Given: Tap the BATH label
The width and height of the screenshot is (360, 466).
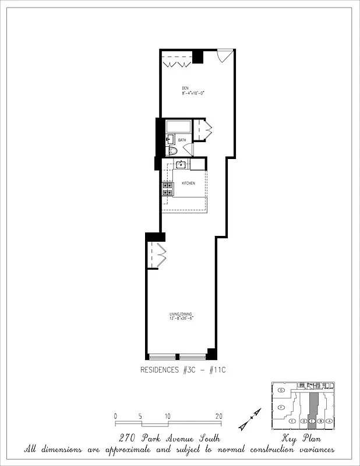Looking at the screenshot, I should [182, 140].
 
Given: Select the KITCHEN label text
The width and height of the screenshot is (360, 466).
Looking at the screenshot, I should [188, 183].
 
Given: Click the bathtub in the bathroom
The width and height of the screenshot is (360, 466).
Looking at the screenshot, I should [178, 126].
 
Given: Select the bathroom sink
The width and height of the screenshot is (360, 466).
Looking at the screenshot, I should [170, 139].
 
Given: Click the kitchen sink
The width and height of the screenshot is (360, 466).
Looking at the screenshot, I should [181, 164].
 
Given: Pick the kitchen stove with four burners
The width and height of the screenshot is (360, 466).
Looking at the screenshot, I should [168, 189].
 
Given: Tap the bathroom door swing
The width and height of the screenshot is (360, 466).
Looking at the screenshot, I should [188, 149].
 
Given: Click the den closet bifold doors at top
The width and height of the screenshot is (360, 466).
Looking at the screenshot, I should [177, 61].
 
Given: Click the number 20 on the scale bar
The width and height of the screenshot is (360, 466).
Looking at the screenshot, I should [218, 416].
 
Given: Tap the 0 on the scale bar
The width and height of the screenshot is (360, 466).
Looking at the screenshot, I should [116, 416].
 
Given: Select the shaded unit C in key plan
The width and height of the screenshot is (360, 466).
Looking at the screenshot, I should [312, 407].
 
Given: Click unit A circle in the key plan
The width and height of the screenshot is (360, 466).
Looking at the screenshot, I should [329, 421].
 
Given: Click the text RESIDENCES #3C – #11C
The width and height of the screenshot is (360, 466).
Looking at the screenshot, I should [180, 370].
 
